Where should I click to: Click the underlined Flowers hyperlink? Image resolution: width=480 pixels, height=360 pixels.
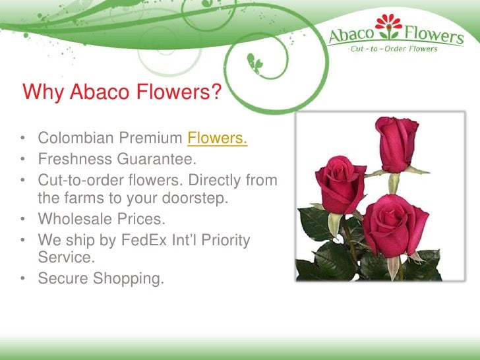coord(218,139)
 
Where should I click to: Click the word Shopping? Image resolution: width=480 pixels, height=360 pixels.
coord(128,279)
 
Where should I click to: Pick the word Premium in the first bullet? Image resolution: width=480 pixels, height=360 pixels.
coord(151,139)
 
